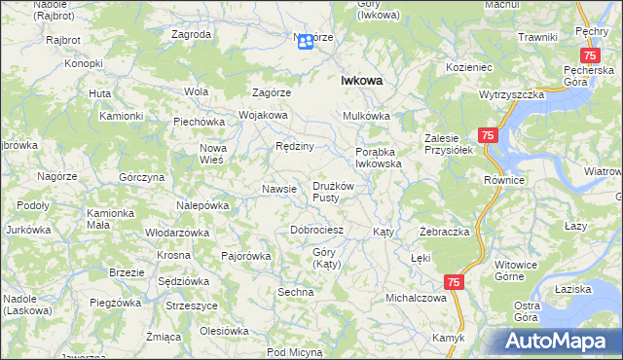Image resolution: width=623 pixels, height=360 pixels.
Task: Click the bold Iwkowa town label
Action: [x=360, y=82]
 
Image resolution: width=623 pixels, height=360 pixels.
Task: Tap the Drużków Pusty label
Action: [x=339, y=192]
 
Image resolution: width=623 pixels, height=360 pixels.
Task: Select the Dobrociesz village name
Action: [x=317, y=231]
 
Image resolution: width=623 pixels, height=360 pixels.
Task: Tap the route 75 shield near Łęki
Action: [x=454, y=281]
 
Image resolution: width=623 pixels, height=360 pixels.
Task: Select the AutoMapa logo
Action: [x=563, y=341]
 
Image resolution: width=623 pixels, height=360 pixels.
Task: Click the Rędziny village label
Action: [x=294, y=146]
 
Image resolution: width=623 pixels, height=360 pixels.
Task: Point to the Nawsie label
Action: [x=279, y=188]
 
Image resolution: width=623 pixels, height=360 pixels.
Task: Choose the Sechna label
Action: [x=295, y=292]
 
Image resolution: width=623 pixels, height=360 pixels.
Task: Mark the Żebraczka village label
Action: [x=445, y=233]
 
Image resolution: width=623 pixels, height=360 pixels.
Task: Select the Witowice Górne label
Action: [x=516, y=270]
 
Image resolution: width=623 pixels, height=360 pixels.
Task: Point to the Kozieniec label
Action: [x=471, y=66]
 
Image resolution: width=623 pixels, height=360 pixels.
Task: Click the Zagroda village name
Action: [x=191, y=34]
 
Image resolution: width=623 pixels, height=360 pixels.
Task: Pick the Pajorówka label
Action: [x=245, y=257]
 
